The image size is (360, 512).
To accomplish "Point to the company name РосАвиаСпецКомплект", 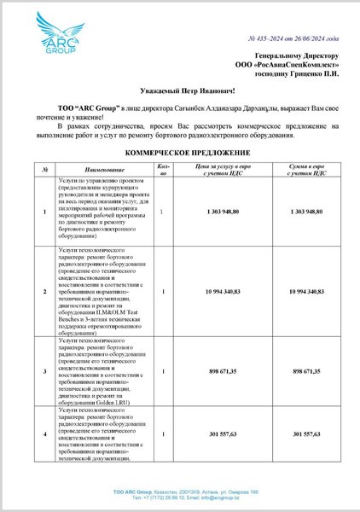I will pyautogui.click(x=291, y=64).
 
